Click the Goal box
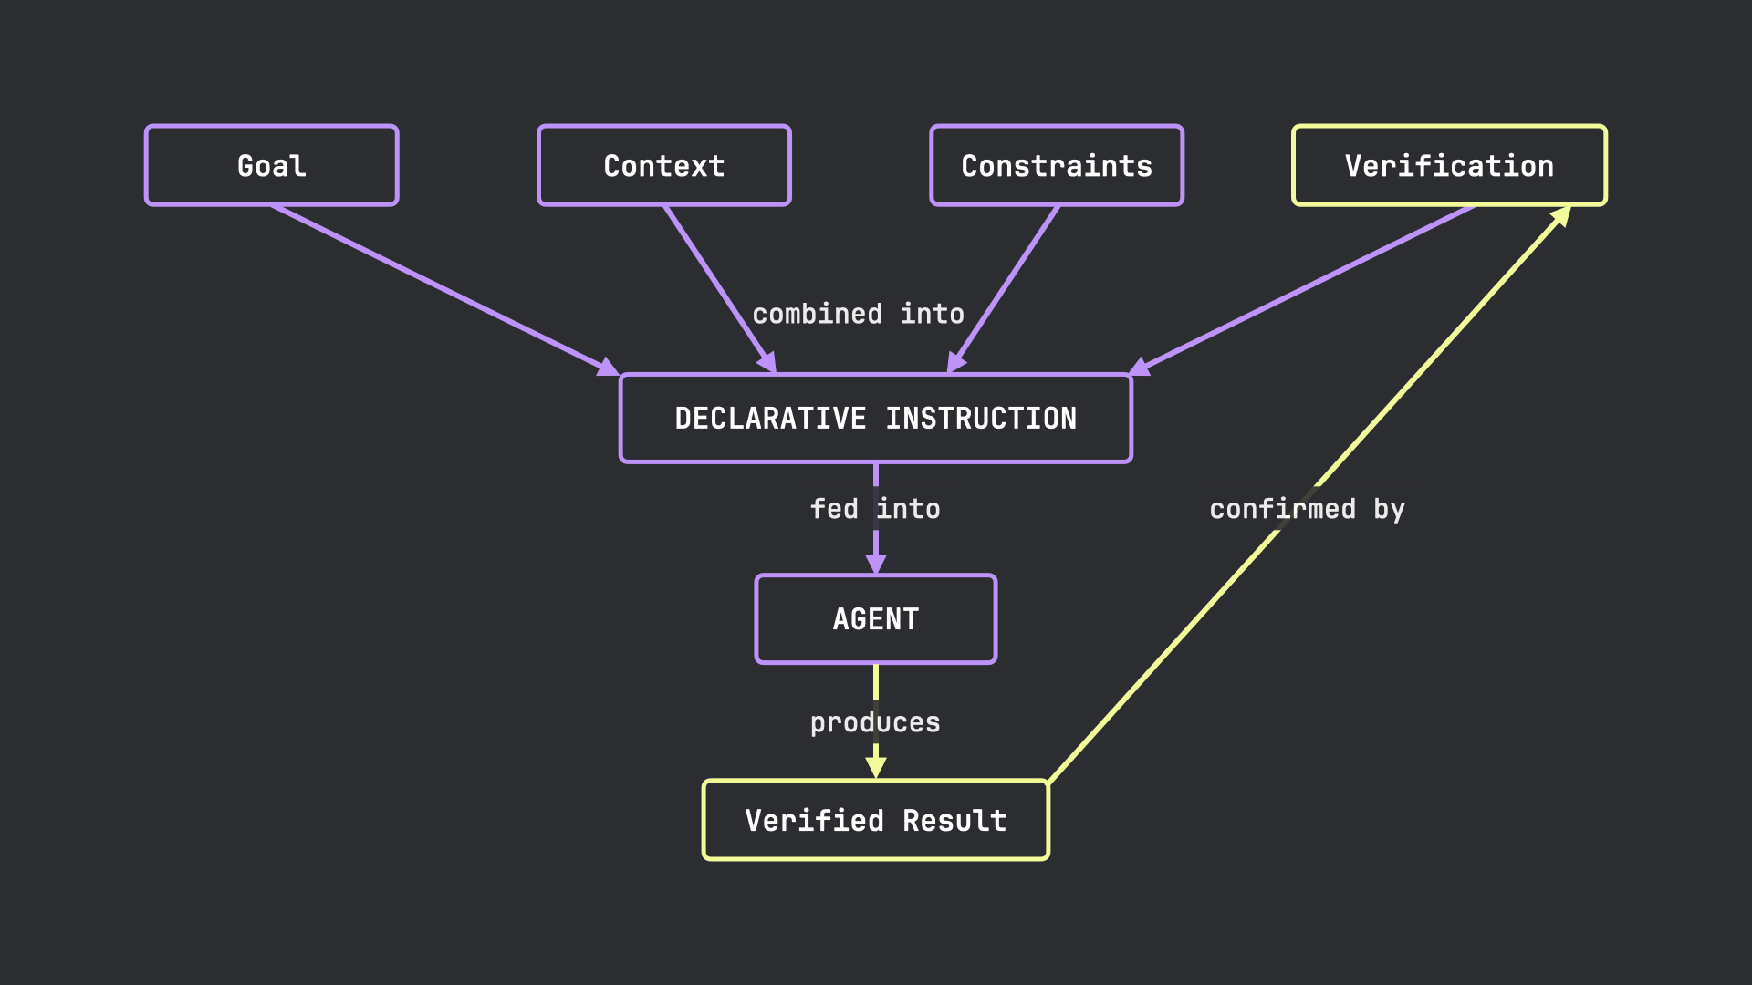pyautogui.click(x=271, y=165)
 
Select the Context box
pyautogui.click(x=663, y=165)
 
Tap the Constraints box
pyautogui.click(x=1057, y=165)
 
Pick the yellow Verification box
pyautogui.click(x=1449, y=165)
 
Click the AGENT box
pyautogui.click(x=876, y=619)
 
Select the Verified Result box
pyautogui.click(x=876, y=820)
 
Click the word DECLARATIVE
pyautogui.click(x=770, y=419)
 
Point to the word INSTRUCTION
pyautogui.click(x=981, y=419)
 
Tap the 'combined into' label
pyautogui.click(x=858, y=314)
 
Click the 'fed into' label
pyautogui.click(x=875, y=509)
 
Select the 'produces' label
pyautogui.click(x=875, y=722)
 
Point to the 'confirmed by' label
pyautogui.click(x=1307, y=509)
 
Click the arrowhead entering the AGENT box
pyautogui.click(x=876, y=564)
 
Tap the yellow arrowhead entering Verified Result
pyautogui.click(x=876, y=768)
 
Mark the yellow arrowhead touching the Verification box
pyautogui.click(x=1561, y=216)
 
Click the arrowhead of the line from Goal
pyautogui.click(x=608, y=367)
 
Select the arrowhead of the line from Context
pyautogui.click(x=767, y=362)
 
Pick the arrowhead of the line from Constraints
pyautogui.click(x=956, y=362)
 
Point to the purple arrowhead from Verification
pyautogui.click(x=1141, y=367)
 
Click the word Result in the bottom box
pyautogui.click(x=954, y=820)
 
